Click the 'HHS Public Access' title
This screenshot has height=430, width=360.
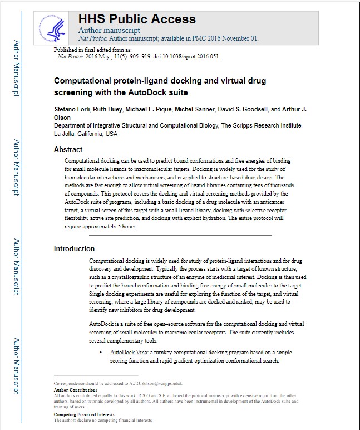pos(137,18)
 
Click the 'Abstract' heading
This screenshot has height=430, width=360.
pos(68,149)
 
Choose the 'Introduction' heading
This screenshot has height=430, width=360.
pos(74,248)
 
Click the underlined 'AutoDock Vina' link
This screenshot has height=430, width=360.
pos(130,353)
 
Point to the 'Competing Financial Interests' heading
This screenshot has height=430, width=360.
pos(83,415)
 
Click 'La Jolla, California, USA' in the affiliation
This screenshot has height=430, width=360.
pos(86,134)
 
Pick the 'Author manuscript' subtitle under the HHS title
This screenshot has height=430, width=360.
pos(109,30)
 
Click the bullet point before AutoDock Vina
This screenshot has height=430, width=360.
pos(100,353)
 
